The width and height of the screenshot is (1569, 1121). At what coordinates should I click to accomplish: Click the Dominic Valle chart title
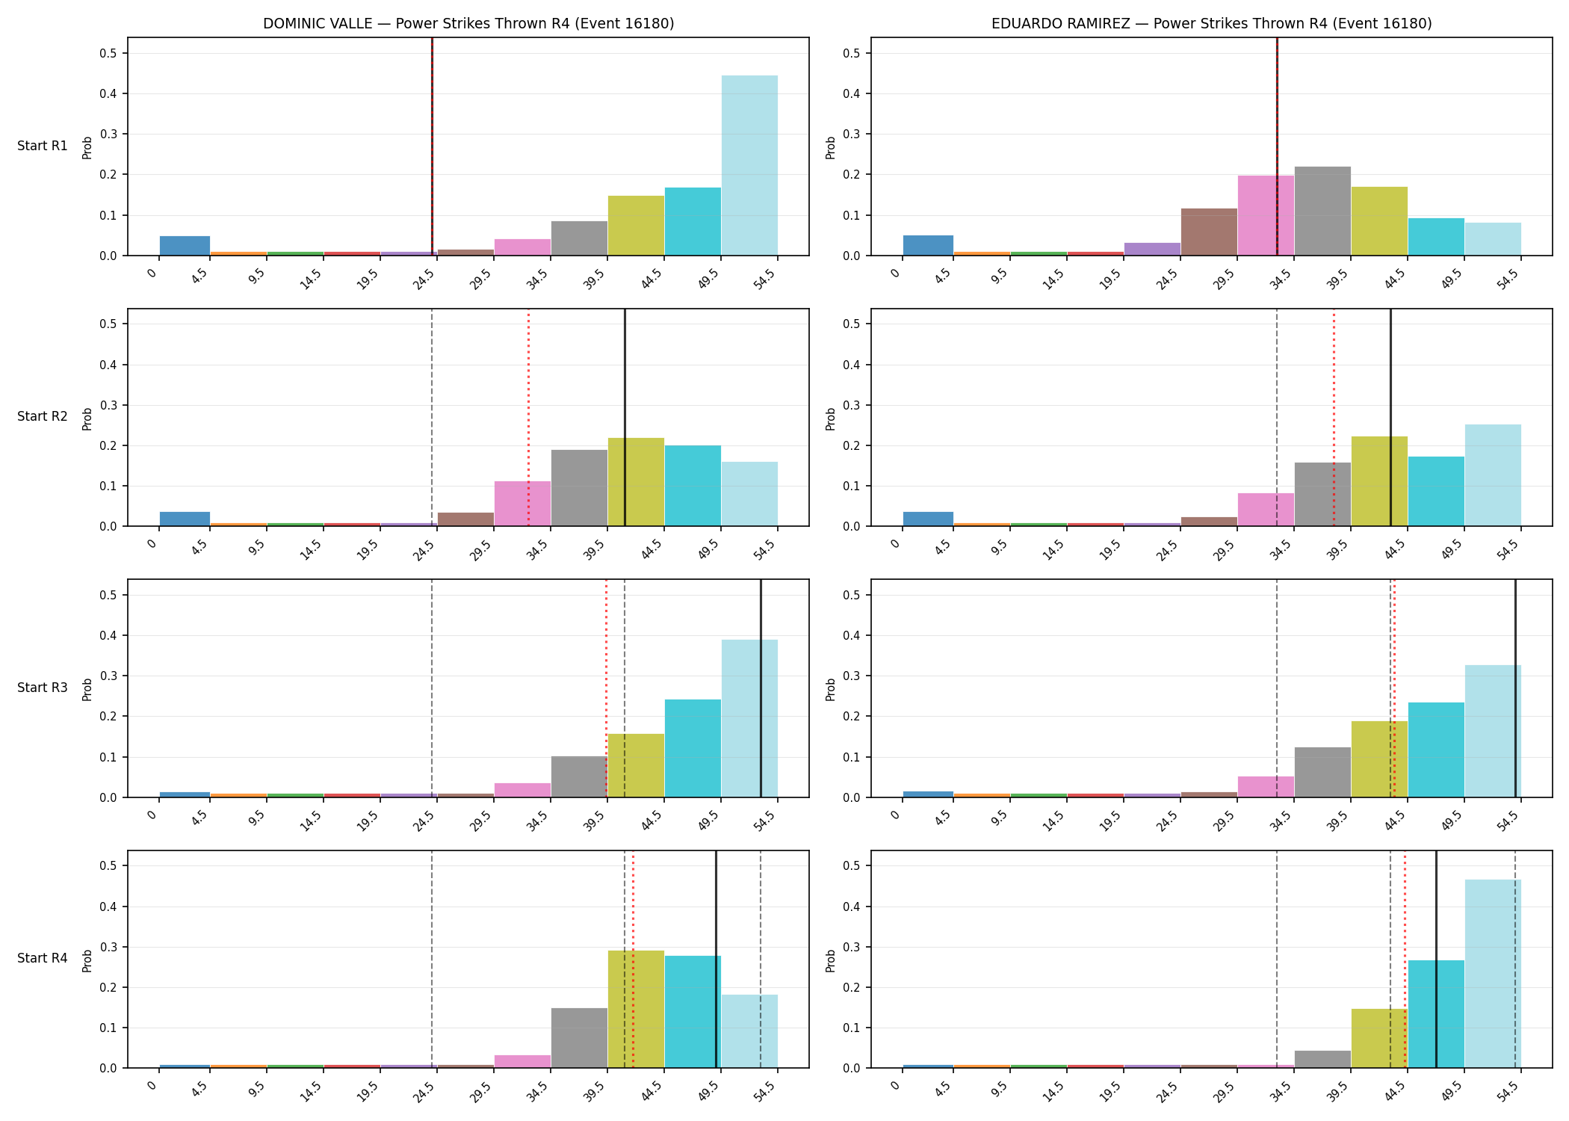[x=468, y=24]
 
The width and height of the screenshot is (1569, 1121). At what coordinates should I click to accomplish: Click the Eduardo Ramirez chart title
[x=1212, y=24]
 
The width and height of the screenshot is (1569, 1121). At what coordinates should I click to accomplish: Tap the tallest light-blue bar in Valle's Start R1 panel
[x=749, y=165]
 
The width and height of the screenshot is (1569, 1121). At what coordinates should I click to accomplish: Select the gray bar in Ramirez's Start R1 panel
[x=1322, y=211]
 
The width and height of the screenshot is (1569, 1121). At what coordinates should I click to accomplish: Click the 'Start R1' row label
[x=43, y=146]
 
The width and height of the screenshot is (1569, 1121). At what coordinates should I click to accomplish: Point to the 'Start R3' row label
[x=43, y=688]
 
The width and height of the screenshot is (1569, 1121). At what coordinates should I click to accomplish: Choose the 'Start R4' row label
[x=43, y=958]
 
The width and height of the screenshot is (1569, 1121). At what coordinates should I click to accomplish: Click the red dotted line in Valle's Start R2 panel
[x=528, y=417]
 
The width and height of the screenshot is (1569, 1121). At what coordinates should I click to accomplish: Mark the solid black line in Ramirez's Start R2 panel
[x=1390, y=417]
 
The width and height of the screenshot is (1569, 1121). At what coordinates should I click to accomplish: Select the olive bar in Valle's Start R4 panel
[x=636, y=1009]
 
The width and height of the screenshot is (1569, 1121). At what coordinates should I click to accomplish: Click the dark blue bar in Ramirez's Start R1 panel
[x=928, y=245]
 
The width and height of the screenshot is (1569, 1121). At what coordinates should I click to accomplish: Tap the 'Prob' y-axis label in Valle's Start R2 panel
[x=87, y=419]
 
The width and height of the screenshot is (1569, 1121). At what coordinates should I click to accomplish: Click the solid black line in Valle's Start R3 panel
[x=761, y=688]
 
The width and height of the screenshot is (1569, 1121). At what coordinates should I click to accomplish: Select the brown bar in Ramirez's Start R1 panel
[x=1209, y=232]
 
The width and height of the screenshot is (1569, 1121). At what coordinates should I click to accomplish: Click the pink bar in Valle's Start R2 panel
[x=522, y=504]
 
